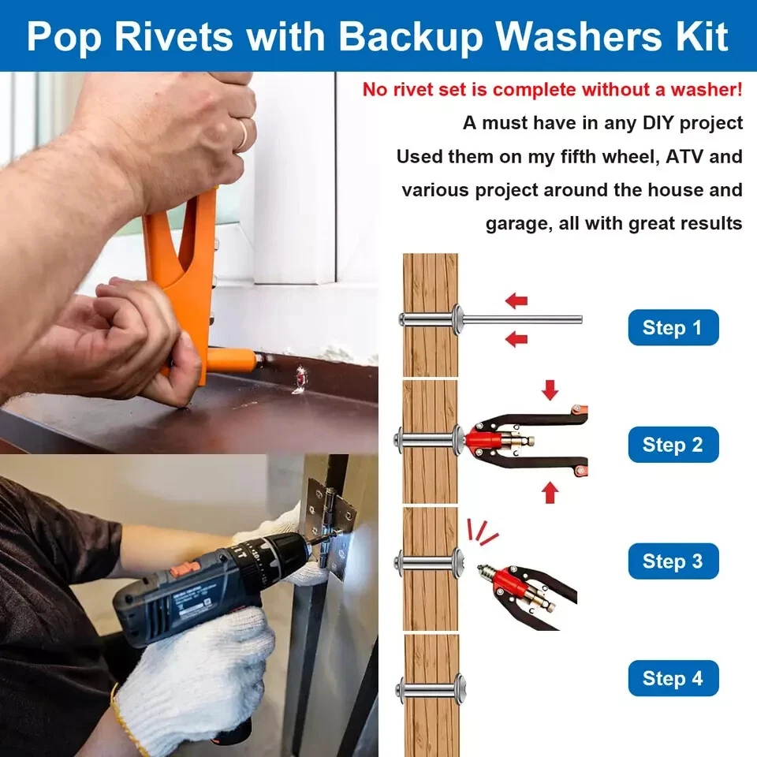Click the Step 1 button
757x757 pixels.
(x=673, y=327)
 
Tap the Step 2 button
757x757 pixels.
(x=673, y=445)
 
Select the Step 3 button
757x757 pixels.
(x=673, y=561)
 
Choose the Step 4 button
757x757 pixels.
(x=673, y=678)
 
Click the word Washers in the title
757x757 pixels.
(x=578, y=36)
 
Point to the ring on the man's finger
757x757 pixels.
(x=243, y=134)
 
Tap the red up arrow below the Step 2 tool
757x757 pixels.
(x=550, y=493)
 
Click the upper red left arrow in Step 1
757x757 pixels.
(x=516, y=300)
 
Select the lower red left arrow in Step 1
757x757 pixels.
(x=516, y=339)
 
